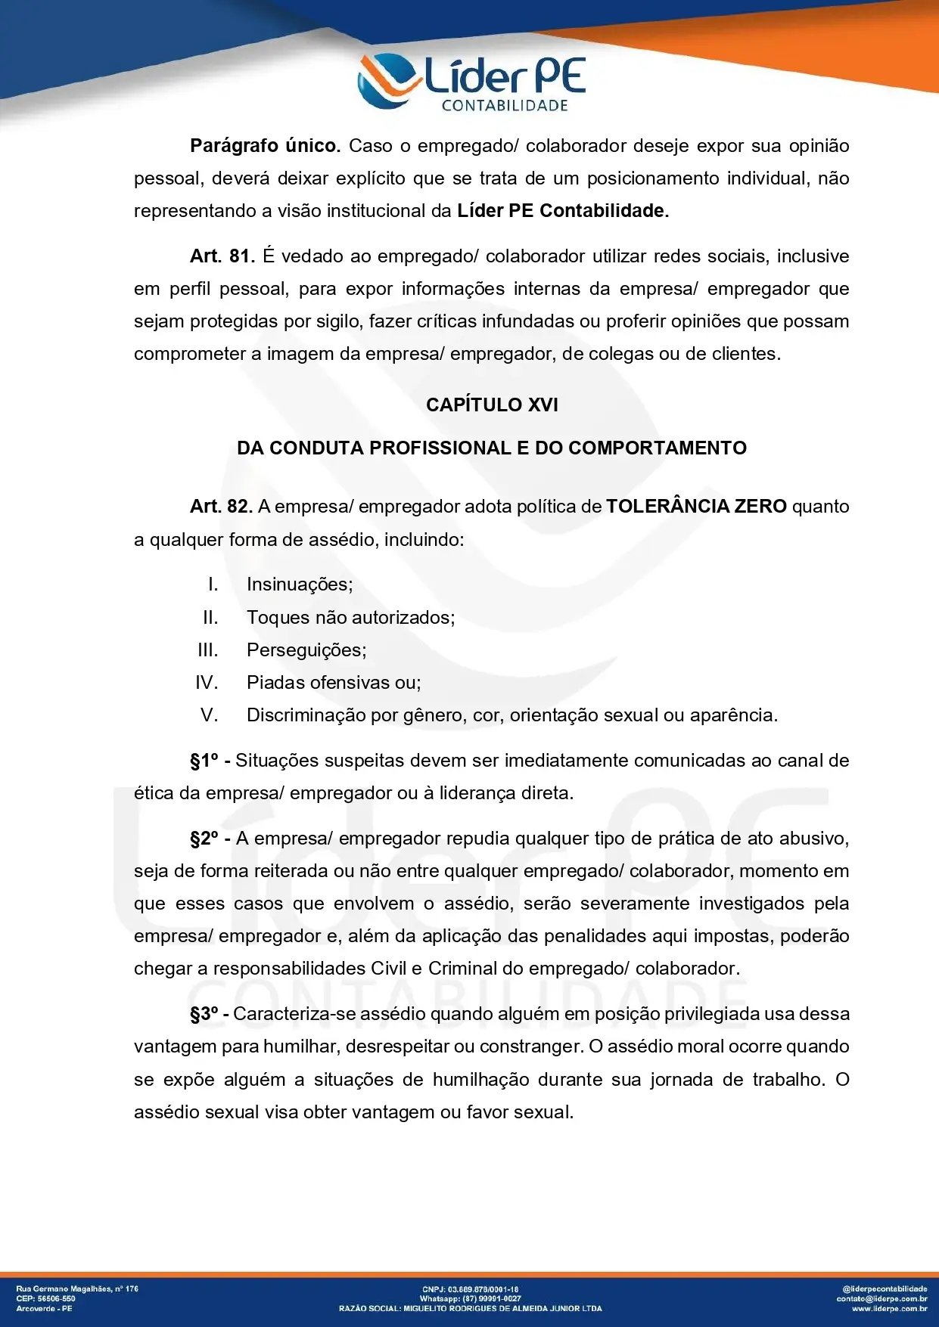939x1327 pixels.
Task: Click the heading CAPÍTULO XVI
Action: (492, 405)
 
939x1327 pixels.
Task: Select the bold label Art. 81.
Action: (222, 256)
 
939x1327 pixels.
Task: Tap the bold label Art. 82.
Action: (221, 506)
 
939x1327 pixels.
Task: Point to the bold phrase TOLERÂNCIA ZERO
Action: (696, 506)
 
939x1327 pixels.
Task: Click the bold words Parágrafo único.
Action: (265, 145)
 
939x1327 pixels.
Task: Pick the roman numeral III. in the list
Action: (207, 650)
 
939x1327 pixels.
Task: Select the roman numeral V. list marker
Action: (209, 715)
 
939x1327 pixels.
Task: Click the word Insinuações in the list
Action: (300, 584)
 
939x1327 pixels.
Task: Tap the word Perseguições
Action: (306, 650)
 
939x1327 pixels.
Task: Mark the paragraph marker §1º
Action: (204, 761)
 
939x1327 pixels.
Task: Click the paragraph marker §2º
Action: (204, 839)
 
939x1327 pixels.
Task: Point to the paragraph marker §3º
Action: (204, 1014)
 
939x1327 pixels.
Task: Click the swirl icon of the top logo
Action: (387, 79)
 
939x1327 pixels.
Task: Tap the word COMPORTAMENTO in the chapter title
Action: (658, 448)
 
